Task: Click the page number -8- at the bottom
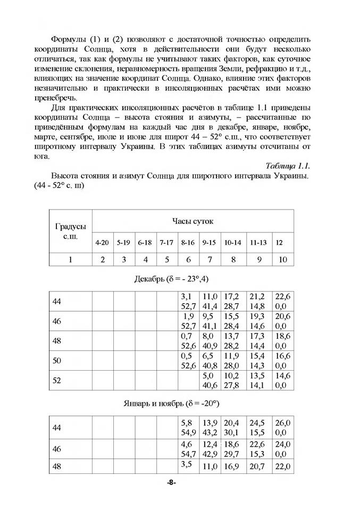(171, 482)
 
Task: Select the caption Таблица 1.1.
(287, 165)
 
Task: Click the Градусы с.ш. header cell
(70, 231)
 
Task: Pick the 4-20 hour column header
(102, 243)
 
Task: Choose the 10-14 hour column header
(232, 243)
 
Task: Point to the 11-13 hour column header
(258, 243)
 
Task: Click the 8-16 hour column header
(188, 243)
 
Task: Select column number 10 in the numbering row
(282, 260)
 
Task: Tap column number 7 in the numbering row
(210, 260)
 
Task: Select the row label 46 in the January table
(57, 449)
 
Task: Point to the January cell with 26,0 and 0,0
(283, 428)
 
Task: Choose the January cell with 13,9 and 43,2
(210, 428)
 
